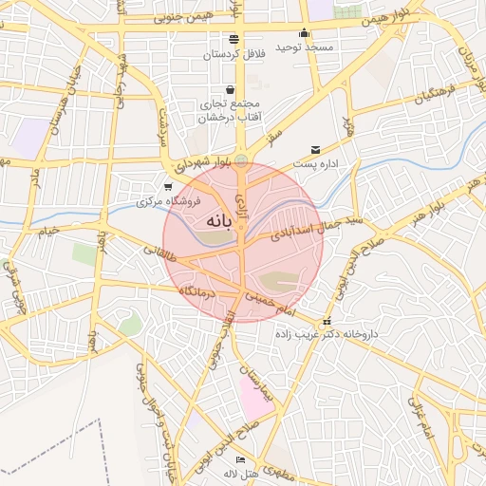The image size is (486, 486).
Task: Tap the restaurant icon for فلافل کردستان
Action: [234, 39]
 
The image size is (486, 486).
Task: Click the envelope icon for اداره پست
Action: [315, 149]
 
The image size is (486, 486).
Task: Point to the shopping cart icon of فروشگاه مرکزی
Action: [168, 186]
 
